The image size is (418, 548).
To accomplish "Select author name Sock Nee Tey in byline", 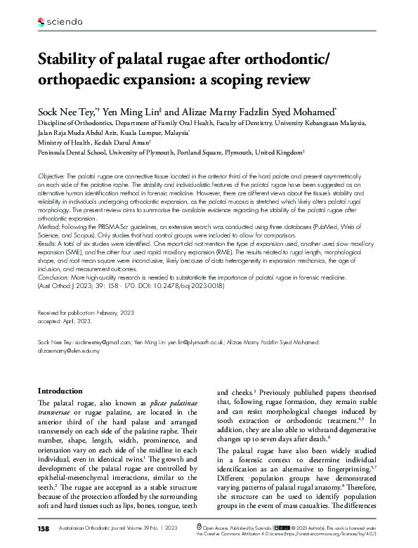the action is point(69,112).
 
